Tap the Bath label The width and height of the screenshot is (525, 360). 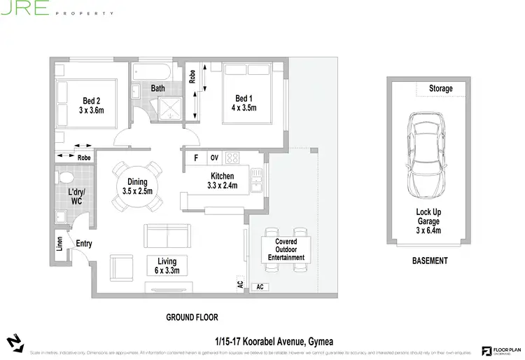(157, 89)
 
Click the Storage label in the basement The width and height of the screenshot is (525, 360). (441, 89)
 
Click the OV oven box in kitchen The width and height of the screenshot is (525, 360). (215, 157)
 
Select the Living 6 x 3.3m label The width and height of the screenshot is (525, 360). (167, 266)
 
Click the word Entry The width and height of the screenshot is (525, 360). (84, 244)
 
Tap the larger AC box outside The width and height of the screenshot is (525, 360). (259, 287)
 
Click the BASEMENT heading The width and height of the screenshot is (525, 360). (429, 261)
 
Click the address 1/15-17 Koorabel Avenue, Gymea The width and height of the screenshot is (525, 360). (274, 341)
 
